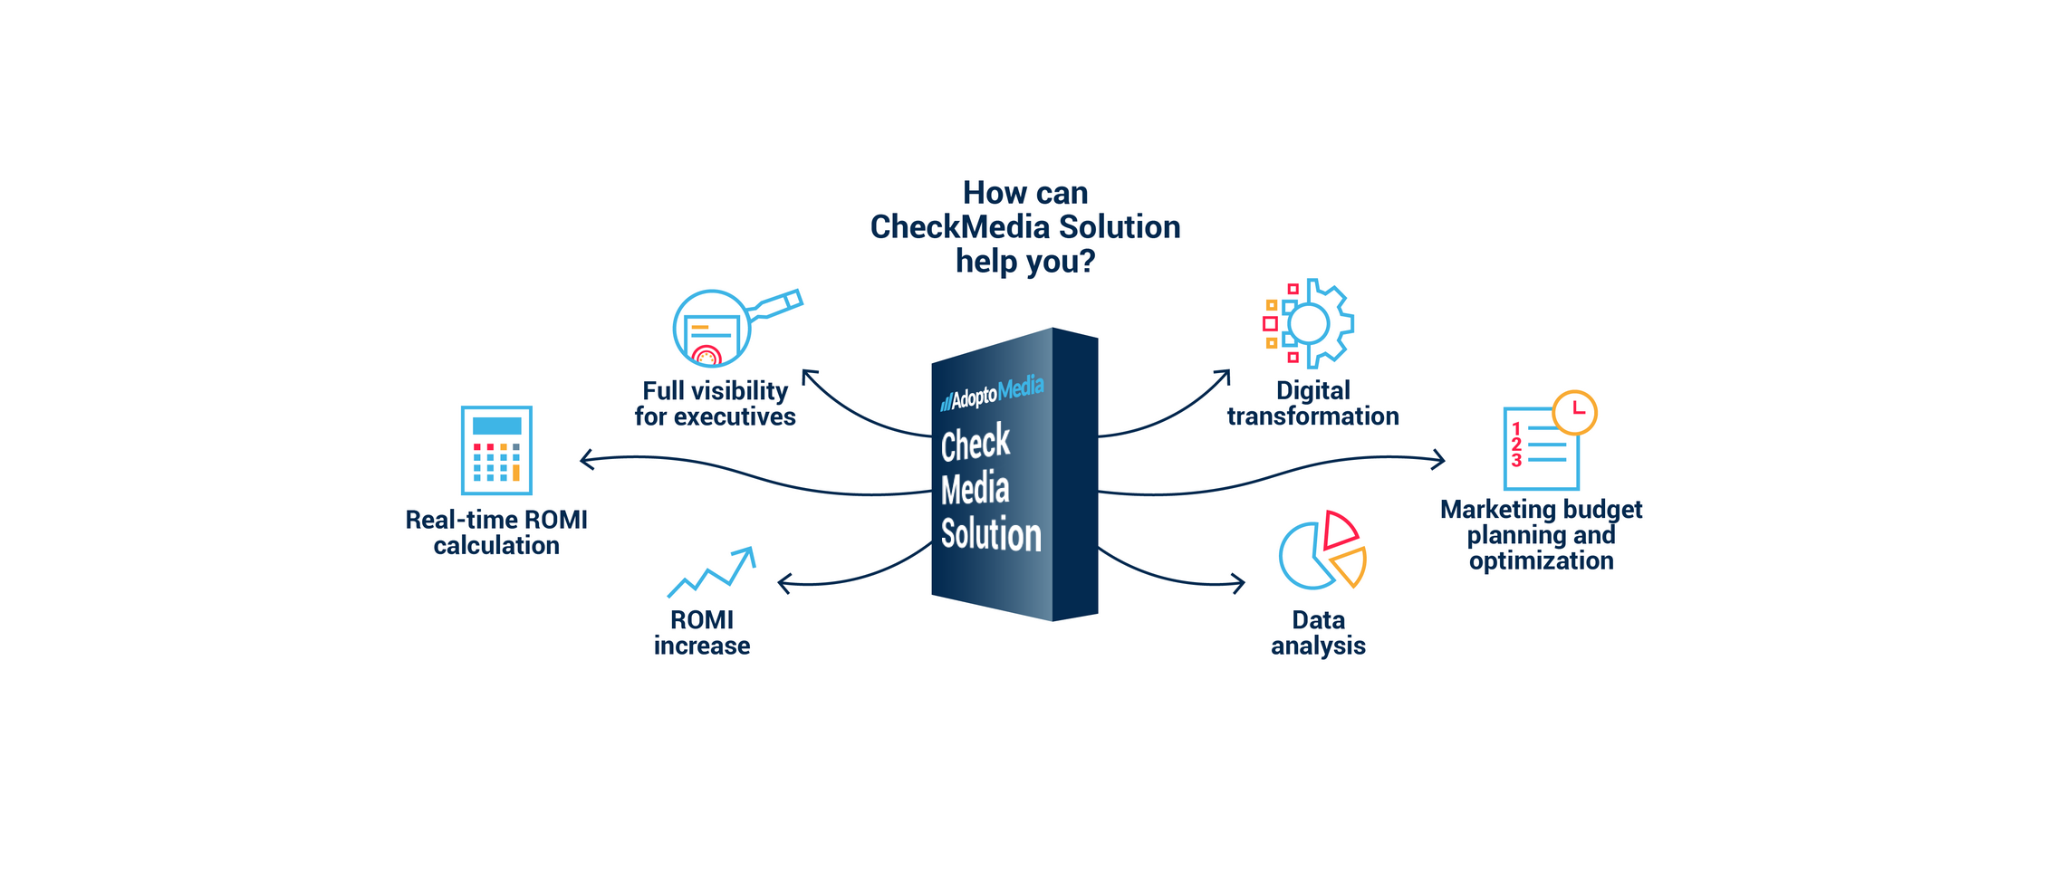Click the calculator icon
(x=496, y=450)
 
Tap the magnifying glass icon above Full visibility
(x=712, y=329)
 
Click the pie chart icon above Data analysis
(x=1321, y=550)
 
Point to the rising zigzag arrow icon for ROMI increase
(x=711, y=571)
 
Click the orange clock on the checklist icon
(x=1574, y=412)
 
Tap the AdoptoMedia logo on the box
(x=992, y=393)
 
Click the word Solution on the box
(x=991, y=534)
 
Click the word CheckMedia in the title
(x=960, y=227)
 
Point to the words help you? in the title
(x=1025, y=262)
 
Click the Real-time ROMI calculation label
(x=496, y=532)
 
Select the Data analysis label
(x=1318, y=633)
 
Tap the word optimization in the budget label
(x=1541, y=561)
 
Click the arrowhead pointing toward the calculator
(x=584, y=460)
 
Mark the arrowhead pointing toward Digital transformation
(x=1225, y=374)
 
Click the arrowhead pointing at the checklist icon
(x=1440, y=460)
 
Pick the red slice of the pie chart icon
(x=1338, y=530)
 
